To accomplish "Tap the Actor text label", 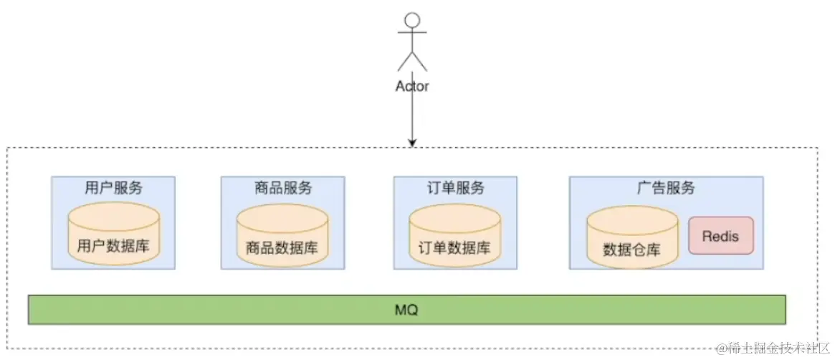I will pyautogui.click(x=412, y=86).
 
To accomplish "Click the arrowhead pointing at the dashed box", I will pyautogui.click(x=412, y=142).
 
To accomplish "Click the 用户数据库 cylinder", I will pyautogui.click(x=113, y=233).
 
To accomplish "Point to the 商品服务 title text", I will pyautogui.click(x=283, y=188).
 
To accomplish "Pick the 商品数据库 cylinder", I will pyautogui.click(x=282, y=235).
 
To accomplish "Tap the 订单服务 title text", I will pyautogui.click(x=455, y=188).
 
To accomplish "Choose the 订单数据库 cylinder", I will pyautogui.click(x=454, y=235).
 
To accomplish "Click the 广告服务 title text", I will pyautogui.click(x=666, y=188).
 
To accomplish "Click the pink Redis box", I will pyautogui.click(x=721, y=235).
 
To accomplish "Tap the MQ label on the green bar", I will pyautogui.click(x=406, y=311).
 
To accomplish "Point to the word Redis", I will pyautogui.click(x=721, y=236).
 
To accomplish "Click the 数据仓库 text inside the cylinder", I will pyautogui.click(x=631, y=250).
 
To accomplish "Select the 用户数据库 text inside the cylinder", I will pyautogui.click(x=113, y=247).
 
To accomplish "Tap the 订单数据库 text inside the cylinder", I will pyautogui.click(x=454, y=249).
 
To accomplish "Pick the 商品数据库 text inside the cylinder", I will pyautogui.click(x=282, y=249).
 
